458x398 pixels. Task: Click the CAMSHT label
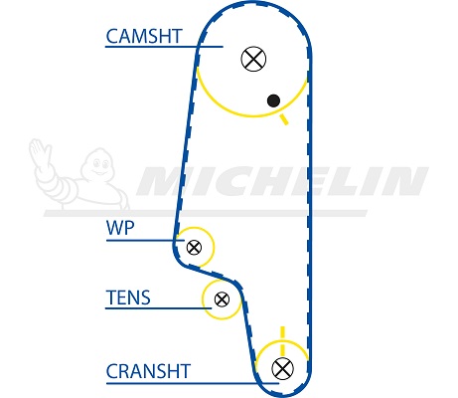(x=144, y=36)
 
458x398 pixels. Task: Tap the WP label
(x=120, y=228)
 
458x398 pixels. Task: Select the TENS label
(x=128, y=298)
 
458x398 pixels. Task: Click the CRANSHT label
(x=148, y=371)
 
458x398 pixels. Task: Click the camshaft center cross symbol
(x=253, y=59)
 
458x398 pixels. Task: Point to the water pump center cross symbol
(x=194, y=247)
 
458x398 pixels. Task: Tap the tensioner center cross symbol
(x=222, y=299)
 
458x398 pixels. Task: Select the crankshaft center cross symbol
(x=282, y=368)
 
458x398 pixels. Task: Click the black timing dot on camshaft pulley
(x=273, y=100)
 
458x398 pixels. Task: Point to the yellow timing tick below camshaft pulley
(x=284, y=119)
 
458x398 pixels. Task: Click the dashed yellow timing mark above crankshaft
(x=282, y=341)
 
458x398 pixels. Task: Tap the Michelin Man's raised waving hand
(x=40, y=153)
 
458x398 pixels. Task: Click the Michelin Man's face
(x=101, y=164)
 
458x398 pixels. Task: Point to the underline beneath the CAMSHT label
(x=164, y=47)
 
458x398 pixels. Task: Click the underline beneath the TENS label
(x=158, y=308)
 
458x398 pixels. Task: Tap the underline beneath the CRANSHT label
(x=193, y=384)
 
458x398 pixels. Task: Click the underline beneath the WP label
(x=145, y=240)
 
